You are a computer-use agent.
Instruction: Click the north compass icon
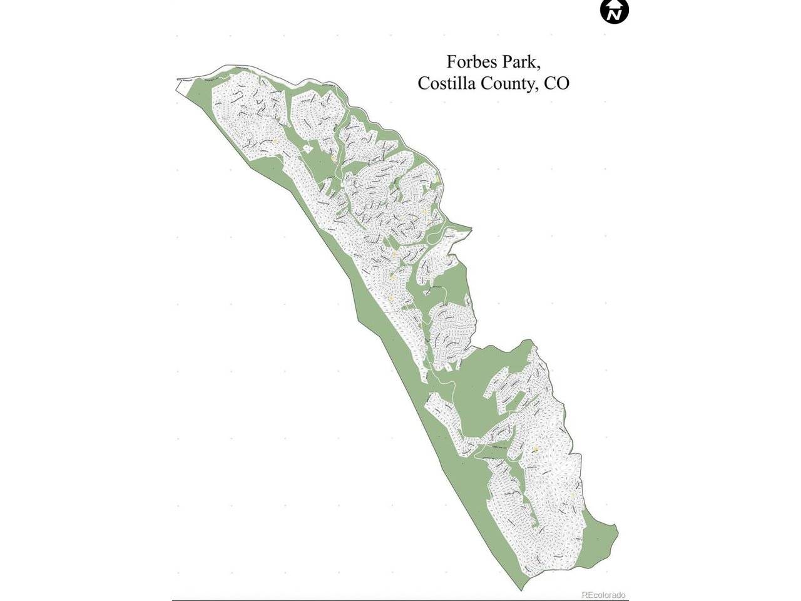(x=615, y=11)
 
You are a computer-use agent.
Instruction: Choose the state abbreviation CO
(x=556, y=83)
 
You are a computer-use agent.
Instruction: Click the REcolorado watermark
(x=603, y=595)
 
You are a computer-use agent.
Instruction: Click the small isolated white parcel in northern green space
(x=307, y=148)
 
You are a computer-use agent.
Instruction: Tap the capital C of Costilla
(x=423, y=83)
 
